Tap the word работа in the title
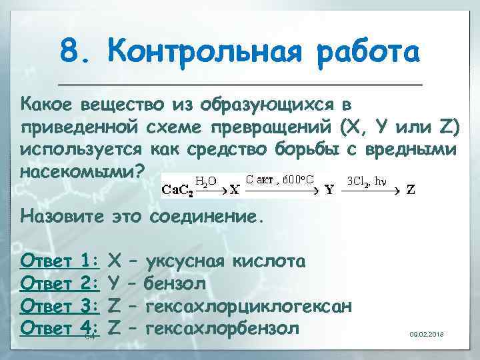[x=366, y=51]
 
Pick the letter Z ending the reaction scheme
[x=411, y=189]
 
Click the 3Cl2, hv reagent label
[x=367, y=180]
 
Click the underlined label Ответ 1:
[x=61, y=260]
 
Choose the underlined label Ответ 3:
[x=61, y=306]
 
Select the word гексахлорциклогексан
[x=249, y=306]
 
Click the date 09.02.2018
[x=427, y=333]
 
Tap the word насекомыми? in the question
[x=82, y=171]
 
